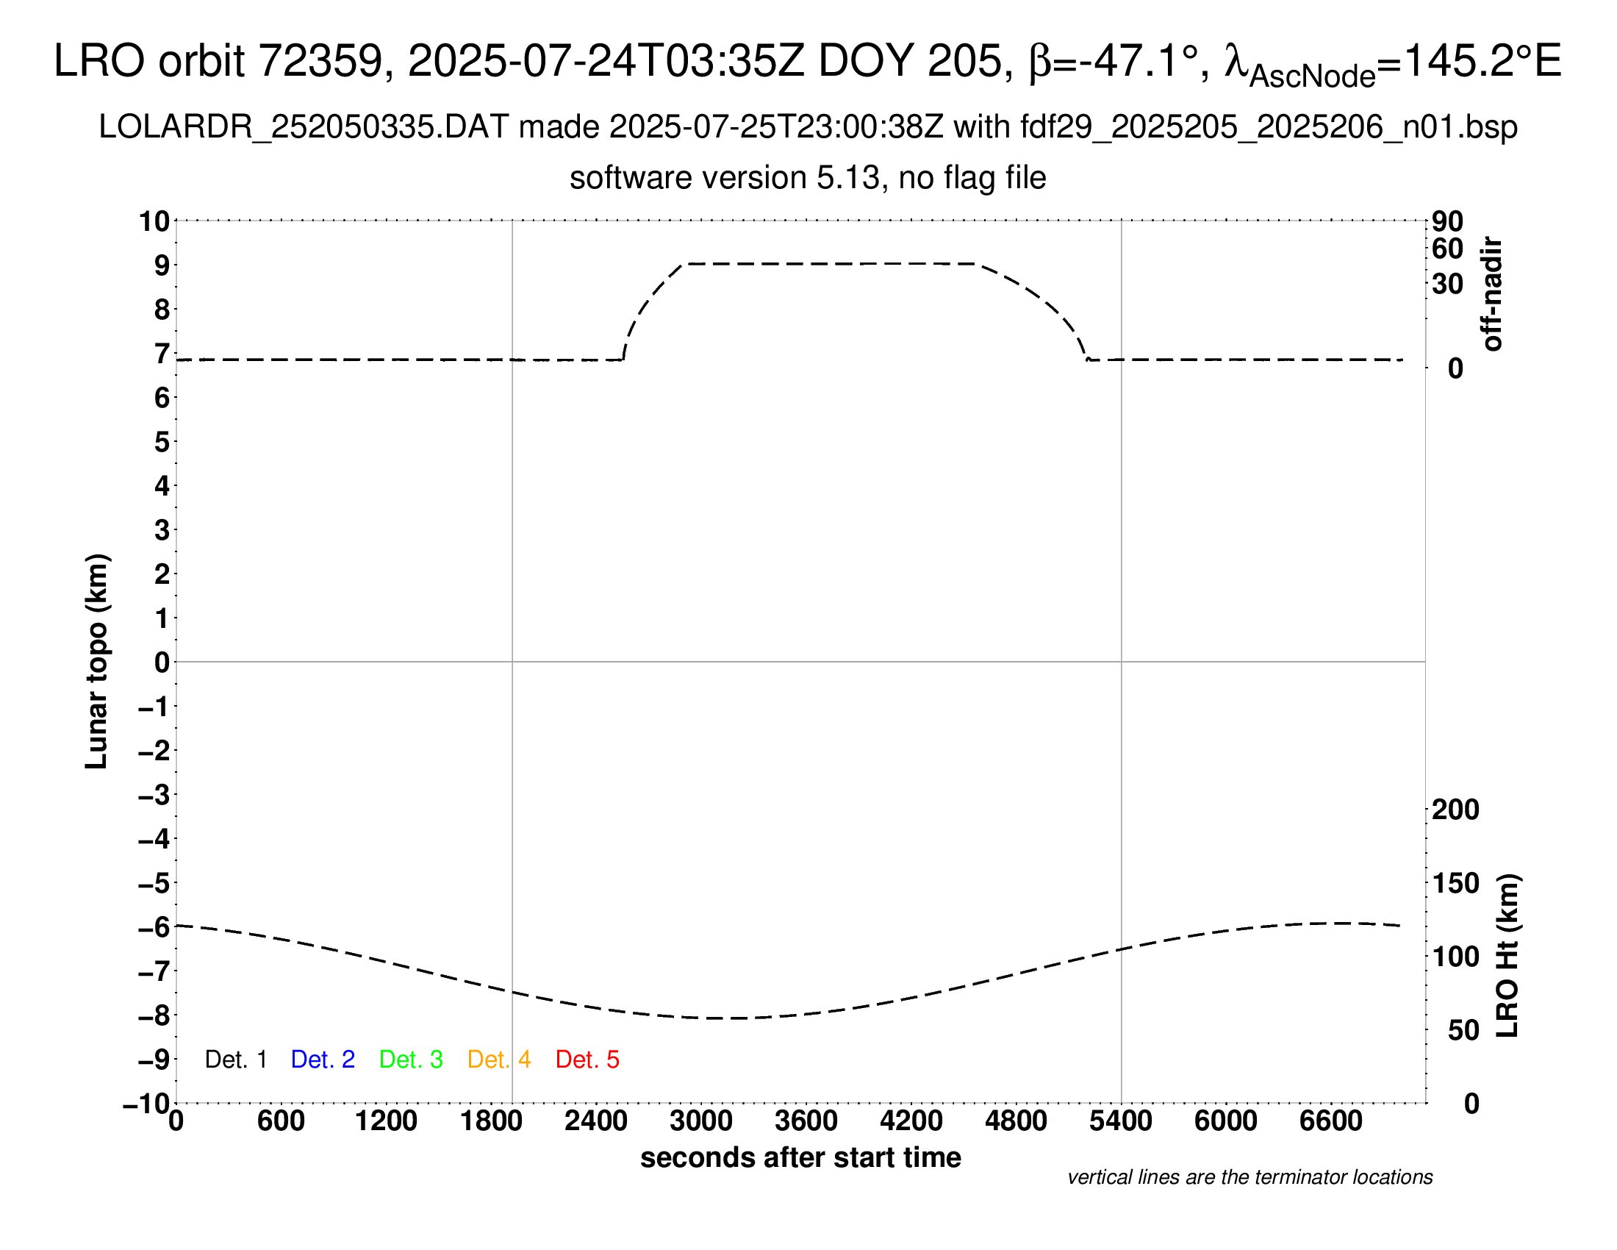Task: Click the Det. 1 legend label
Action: pos(235,1060)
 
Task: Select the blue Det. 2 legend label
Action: pos(323,1060)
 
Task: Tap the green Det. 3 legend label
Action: pos(411,1060)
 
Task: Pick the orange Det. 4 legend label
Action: pos(499,1060)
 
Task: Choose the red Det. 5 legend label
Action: pos(587,1060)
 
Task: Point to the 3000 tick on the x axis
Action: pos(701,1121)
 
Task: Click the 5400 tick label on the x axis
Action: pos(1121,1121)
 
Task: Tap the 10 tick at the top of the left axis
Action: pos(155,221)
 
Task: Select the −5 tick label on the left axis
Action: pos(154,883)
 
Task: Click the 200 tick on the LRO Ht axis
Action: pos(1455,810)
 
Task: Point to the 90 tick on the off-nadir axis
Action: pos(1447,221)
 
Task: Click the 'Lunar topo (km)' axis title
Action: pos(97,661)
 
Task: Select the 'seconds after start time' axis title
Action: pos(800,1157)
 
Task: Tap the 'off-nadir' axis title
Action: pos(1493,294)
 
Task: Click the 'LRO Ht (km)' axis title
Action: pos(1507,956)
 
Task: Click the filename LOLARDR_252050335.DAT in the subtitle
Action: pos(304,127)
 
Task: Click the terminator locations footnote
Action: pos(1249,1177)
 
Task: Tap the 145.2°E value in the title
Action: pos(1482,61)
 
